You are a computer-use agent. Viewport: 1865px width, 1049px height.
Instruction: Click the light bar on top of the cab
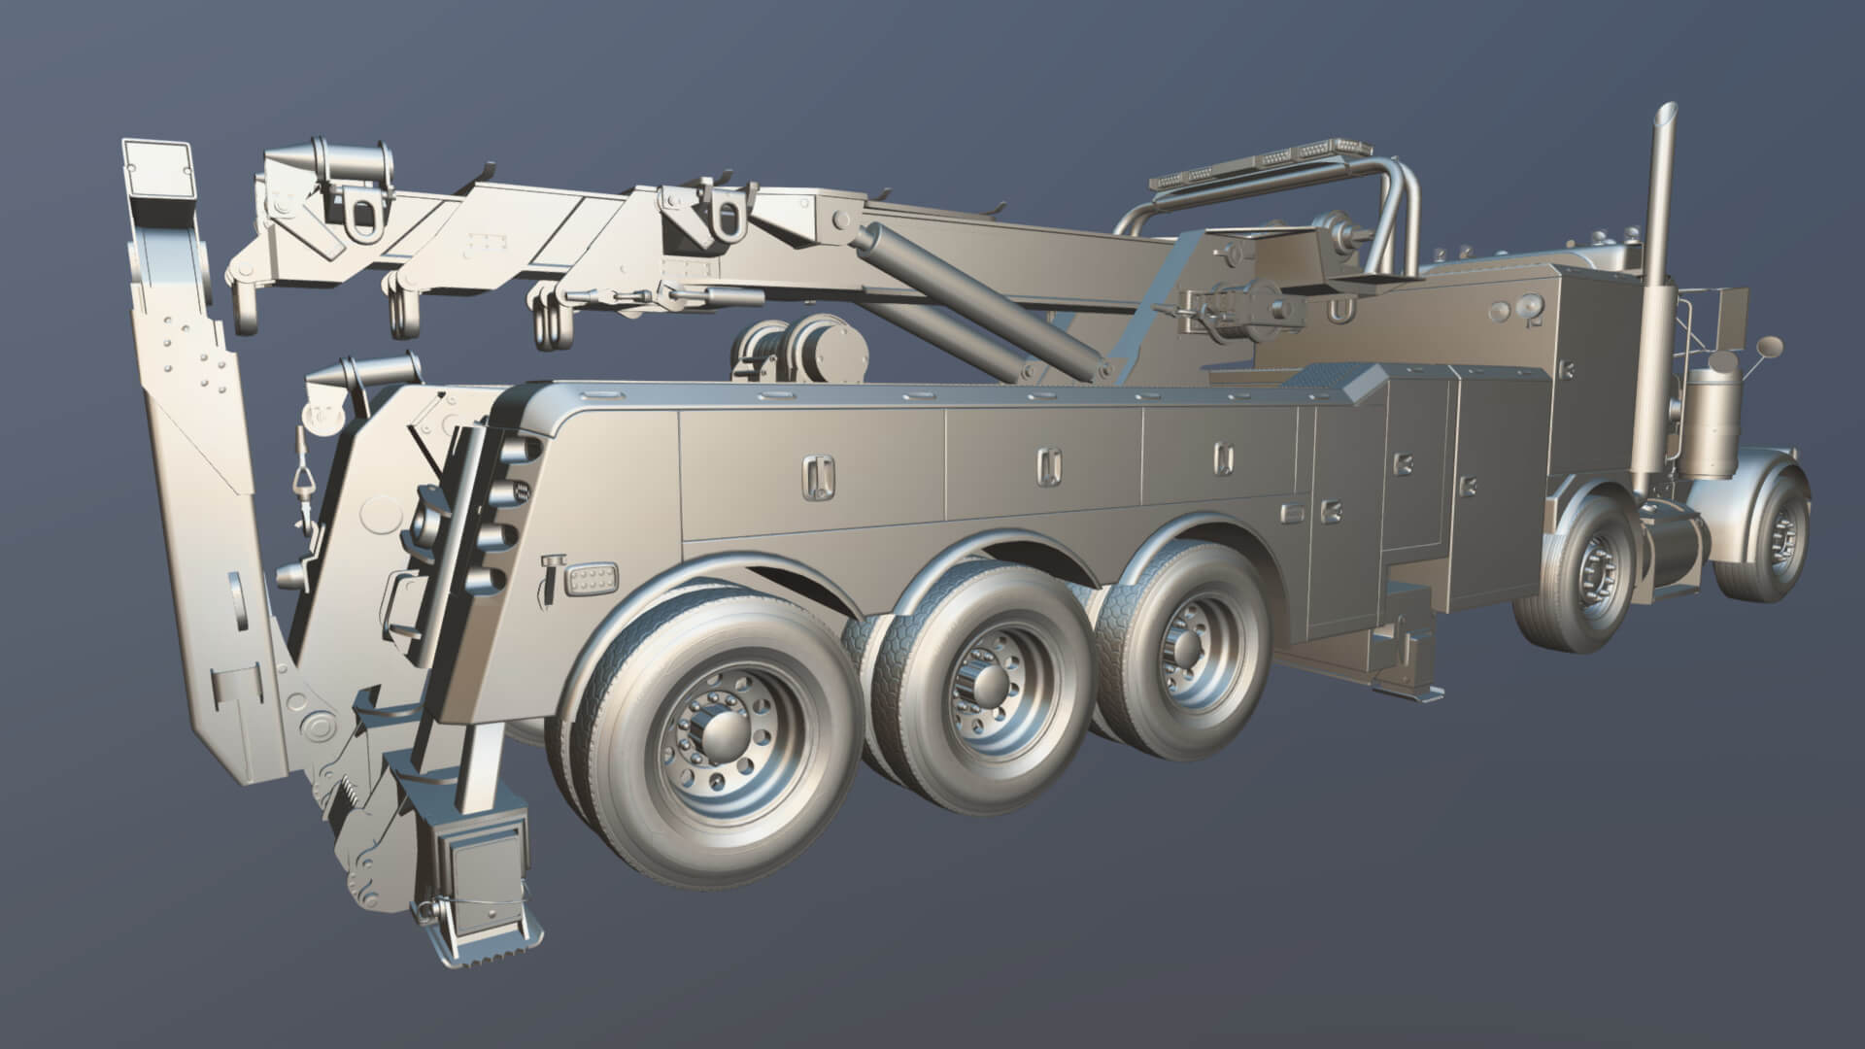click(1263, 161)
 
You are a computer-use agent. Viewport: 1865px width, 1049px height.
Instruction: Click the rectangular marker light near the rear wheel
click(593, 583)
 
